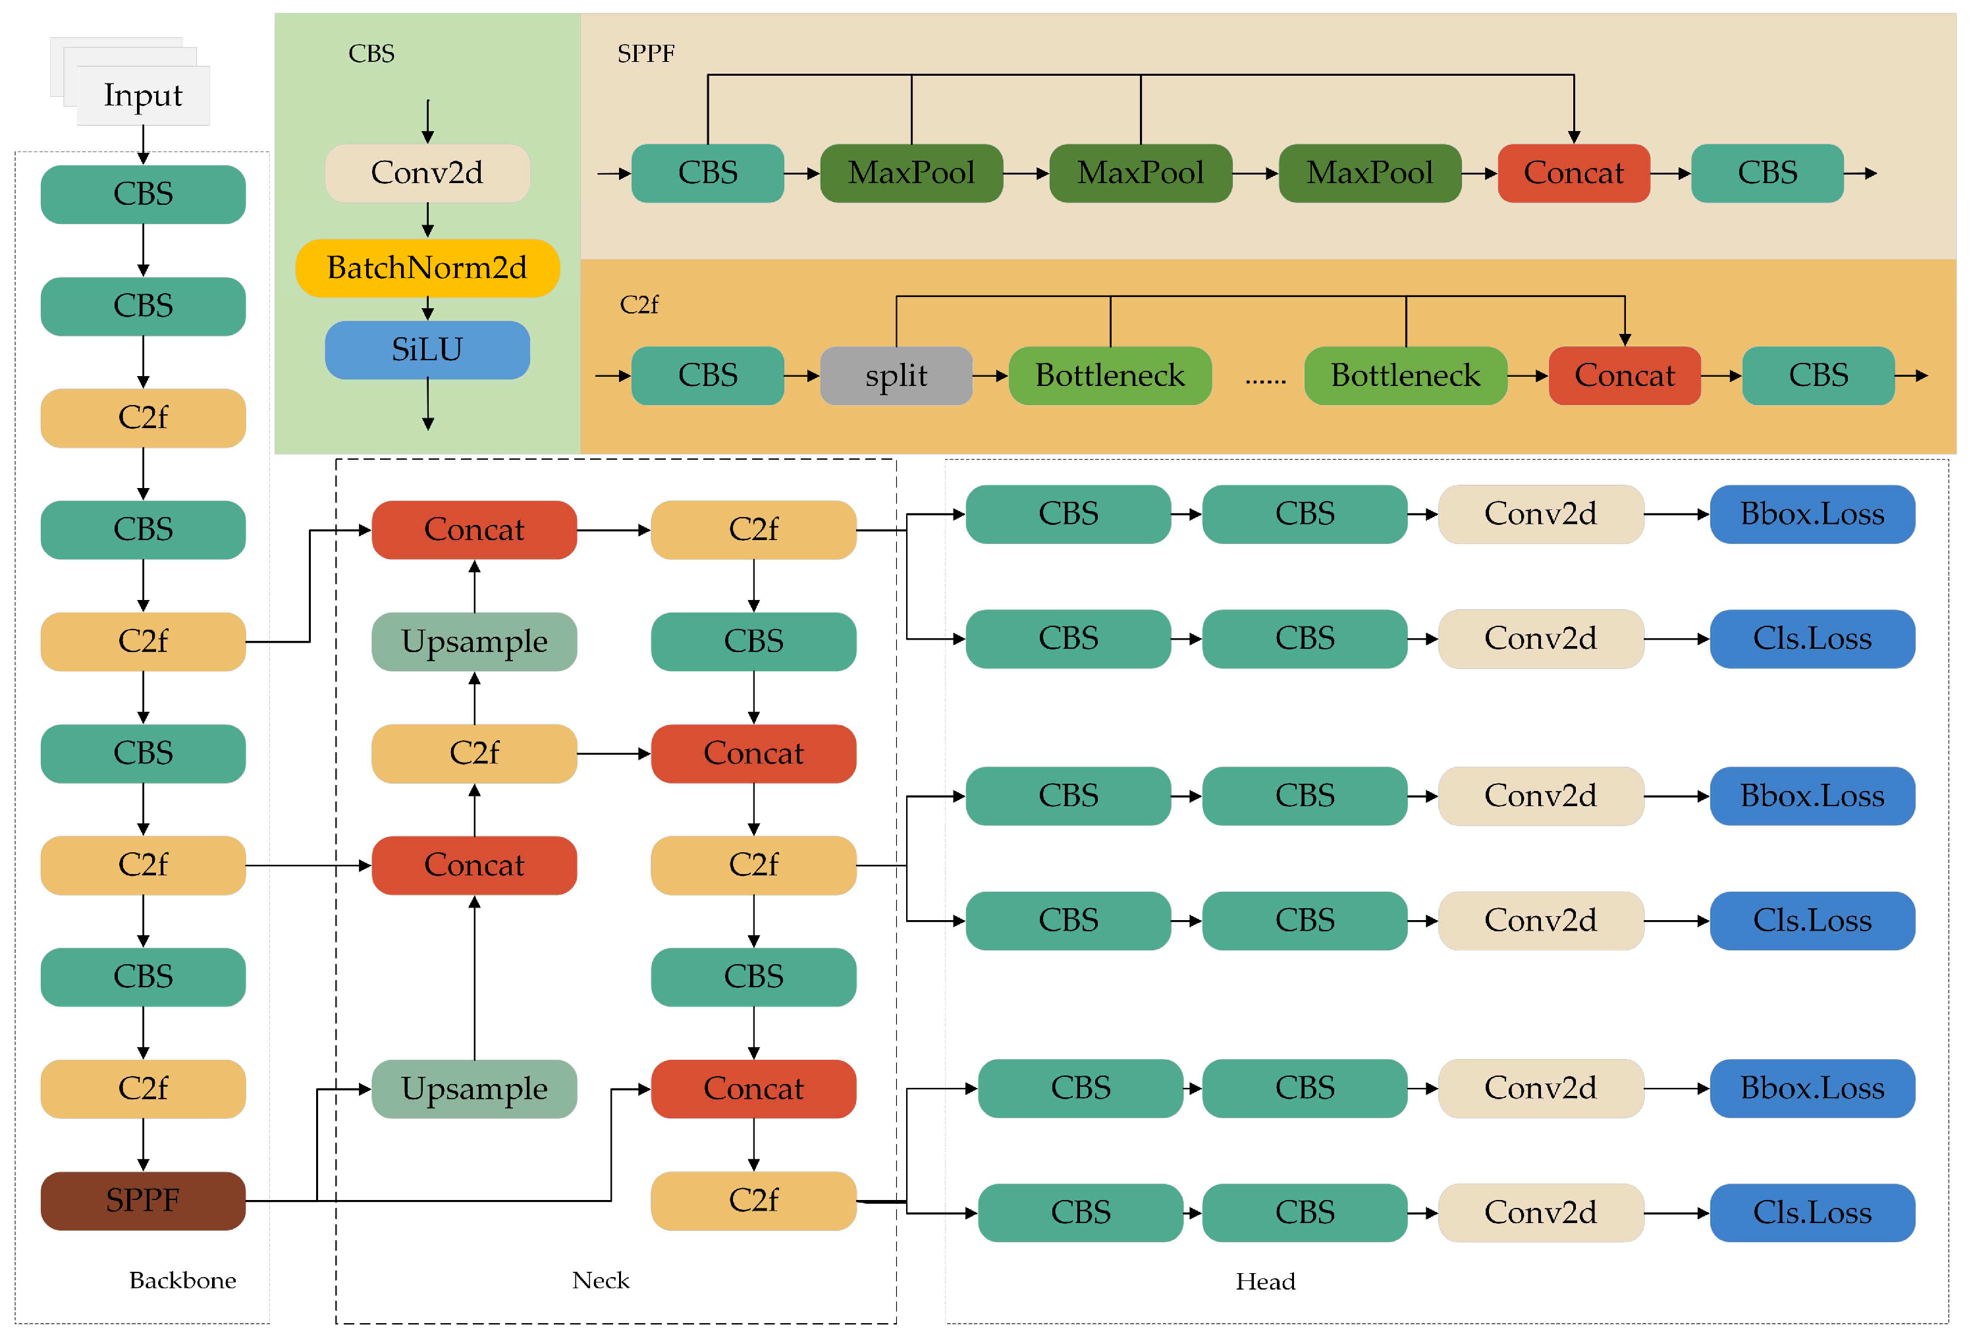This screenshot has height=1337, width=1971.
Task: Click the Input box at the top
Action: [x=142, y=95]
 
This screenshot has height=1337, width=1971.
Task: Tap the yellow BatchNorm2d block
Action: [x=427, y=268]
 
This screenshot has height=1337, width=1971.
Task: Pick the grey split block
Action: [x=896, y=375]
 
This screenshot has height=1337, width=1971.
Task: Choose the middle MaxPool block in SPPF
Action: [x=1140, y=173]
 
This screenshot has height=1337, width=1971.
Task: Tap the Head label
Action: [x=1264, y=1281]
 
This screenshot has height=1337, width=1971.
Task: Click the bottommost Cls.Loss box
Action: [x=1812, y=1213]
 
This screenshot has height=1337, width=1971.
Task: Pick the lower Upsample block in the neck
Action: [x=474, y=1089]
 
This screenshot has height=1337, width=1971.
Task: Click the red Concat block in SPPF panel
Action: [x=1573, y=173]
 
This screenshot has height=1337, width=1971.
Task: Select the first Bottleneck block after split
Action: [x=1110, y=375]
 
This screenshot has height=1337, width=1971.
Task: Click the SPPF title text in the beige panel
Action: [x=645, y=53]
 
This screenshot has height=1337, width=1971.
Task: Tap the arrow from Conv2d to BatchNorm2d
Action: [x=427, y=220]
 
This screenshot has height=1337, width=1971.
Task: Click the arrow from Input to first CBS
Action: [x=144, y=144]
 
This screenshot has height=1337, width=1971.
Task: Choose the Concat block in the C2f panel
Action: [x=1624, y=375]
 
